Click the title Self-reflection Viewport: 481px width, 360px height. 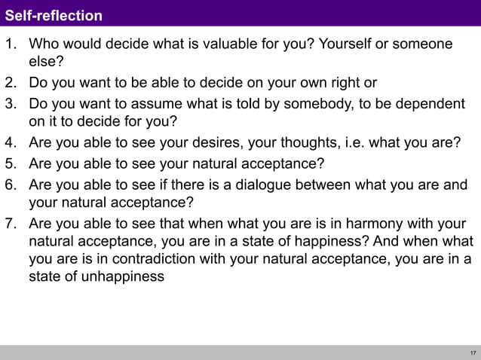(x=54, y=15)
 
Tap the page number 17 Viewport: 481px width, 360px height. (x=472, y=353)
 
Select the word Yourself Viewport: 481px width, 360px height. (x=345, y=44)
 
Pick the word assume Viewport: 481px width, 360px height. (x=155, y=102)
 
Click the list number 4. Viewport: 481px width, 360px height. (x=11, y=142)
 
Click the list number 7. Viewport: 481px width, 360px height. (x=11, y=224)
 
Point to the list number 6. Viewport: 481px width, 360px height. (x=11, y=185)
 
